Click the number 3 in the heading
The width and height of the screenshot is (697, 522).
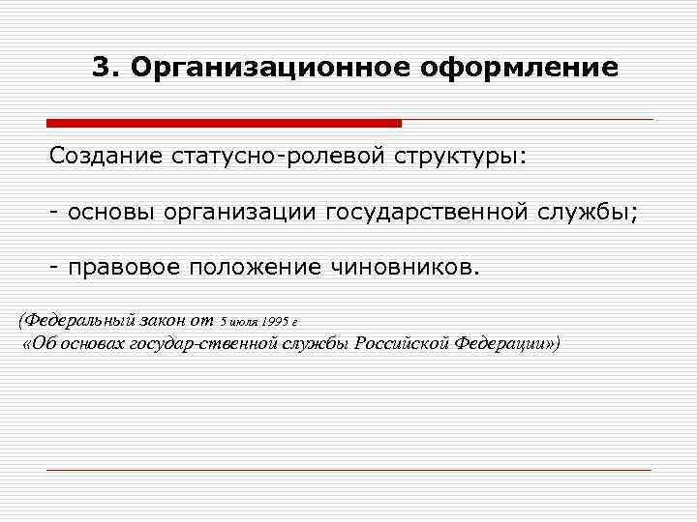[101, 68]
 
